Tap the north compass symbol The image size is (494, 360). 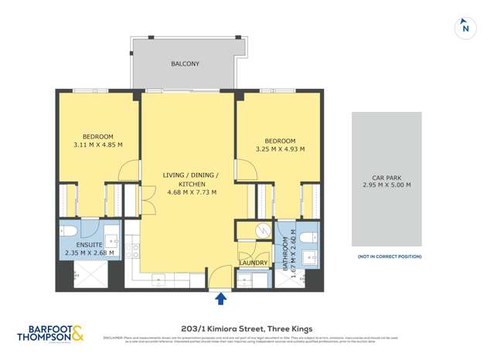(x=465, y=28)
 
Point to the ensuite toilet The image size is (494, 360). (x=69, y=231)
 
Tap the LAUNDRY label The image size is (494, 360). (x=253, y=263)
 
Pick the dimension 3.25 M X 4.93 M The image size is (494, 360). (x=279, y=148)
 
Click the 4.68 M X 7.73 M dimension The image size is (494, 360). (x=191, y=192)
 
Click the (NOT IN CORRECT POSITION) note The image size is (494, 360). (x=388, y=256)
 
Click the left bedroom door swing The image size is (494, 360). (x=130, y=171)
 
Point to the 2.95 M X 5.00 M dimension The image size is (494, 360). (x=387, y=185)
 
